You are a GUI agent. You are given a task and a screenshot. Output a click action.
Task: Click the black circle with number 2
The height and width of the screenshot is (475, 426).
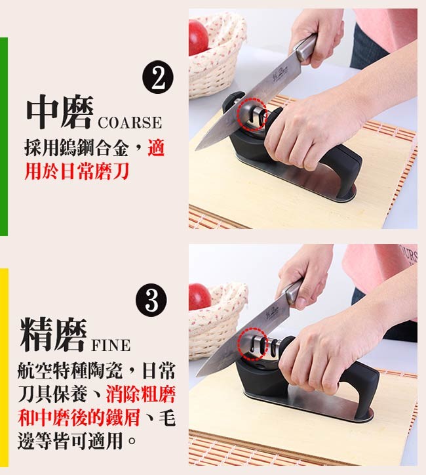[x=158, y=77]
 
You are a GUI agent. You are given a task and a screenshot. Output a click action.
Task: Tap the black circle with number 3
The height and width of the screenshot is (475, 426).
[x=151, y=300]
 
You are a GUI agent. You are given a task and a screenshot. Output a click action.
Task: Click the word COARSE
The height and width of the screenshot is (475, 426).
[x=130, y=123]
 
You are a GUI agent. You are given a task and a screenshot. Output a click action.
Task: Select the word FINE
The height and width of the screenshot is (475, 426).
[x=111, y=345]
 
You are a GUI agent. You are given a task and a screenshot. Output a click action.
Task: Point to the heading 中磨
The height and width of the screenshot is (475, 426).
[x=60, y=112]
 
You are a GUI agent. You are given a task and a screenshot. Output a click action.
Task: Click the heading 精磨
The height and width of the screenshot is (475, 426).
[x=53, y=334]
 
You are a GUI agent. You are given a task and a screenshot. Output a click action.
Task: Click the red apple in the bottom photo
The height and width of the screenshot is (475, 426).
[x=199, y=297]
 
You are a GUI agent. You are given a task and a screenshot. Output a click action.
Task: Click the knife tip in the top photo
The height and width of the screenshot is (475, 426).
[x=196, y=150]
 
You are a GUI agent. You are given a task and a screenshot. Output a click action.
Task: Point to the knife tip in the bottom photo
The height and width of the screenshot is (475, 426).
[x=197, y=376]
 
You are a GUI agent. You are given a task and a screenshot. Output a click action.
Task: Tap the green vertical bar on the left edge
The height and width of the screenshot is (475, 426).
[x=4, y=136]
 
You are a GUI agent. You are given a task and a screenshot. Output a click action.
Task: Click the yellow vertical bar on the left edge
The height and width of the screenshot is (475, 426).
[x=4, y=367]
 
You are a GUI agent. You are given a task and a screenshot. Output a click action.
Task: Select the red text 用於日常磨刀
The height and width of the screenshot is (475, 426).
[x=77, y=171]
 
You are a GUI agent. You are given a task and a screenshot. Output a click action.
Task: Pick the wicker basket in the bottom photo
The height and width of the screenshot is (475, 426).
[x=217, y=321]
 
